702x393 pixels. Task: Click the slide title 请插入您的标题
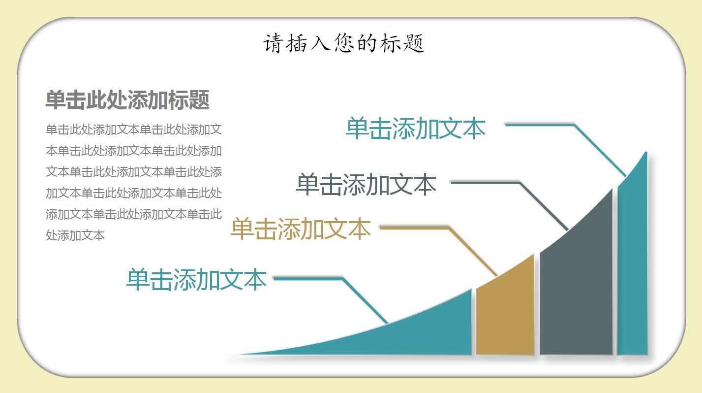343,43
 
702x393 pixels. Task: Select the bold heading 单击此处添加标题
127,100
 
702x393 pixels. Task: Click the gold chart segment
505,315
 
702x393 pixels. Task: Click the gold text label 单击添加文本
301,229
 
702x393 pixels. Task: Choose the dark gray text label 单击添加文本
366,185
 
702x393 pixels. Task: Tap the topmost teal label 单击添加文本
416,129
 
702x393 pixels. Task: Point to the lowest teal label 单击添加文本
196,279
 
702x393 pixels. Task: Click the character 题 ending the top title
416,43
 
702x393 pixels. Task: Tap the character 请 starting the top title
272,43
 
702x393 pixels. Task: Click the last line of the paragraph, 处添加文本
75,235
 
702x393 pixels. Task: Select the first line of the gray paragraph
134,130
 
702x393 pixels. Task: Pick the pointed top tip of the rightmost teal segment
645,154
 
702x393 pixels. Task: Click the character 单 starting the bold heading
55,100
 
